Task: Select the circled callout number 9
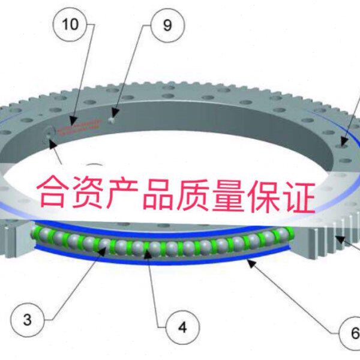(x=166, y=25)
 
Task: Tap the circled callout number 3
(x=27, y=319)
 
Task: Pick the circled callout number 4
(x=182, y=328)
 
